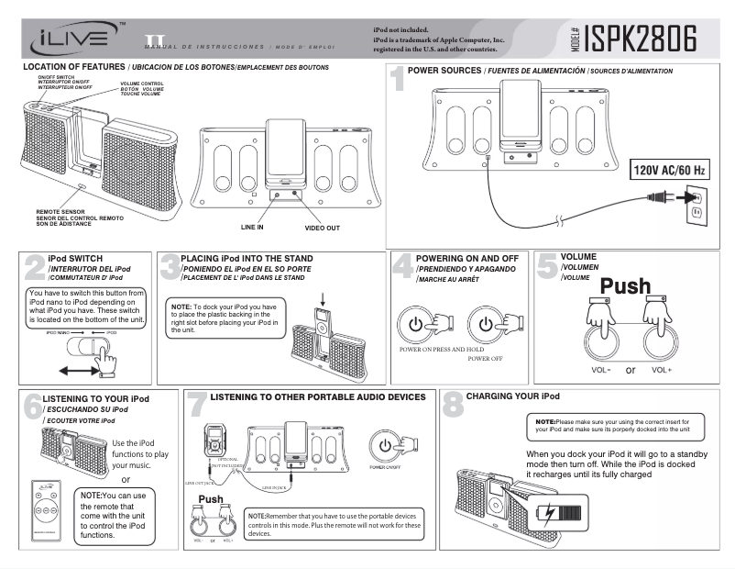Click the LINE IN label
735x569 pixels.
[252, 226]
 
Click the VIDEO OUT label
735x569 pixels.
[322, 227]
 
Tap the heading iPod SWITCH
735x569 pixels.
[75, 259]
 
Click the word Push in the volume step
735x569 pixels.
[626, 286]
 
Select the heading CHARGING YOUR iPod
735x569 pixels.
[512, 396]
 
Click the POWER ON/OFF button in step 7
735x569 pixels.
[386, 445]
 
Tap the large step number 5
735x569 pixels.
[546, 266]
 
